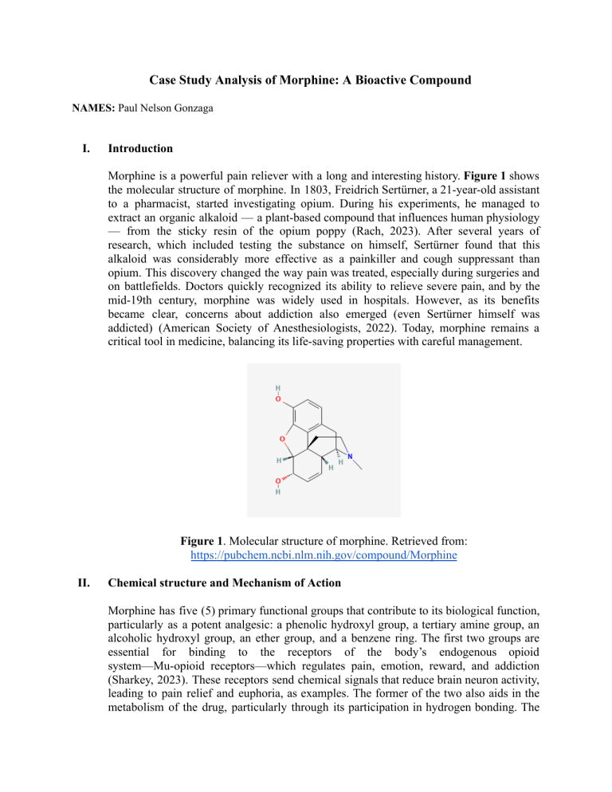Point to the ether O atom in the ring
click(x=282, y=439)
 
